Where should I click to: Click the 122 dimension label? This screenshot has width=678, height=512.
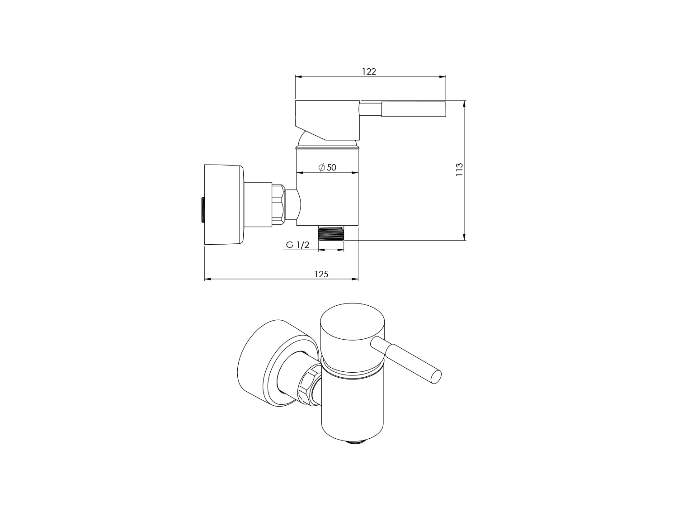coord(369,71)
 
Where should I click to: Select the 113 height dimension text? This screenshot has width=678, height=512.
coord(459,170)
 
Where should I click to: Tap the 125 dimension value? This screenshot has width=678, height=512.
coord(321,274)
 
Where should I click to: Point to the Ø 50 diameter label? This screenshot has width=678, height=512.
coord(327,167)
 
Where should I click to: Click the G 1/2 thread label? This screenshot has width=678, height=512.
coord(297,245)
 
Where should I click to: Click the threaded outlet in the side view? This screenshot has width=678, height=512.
coord(331,233)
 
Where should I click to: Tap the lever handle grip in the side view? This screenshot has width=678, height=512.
coord(414,109)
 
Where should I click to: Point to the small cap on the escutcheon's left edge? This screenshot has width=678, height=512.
coord(202,209)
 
